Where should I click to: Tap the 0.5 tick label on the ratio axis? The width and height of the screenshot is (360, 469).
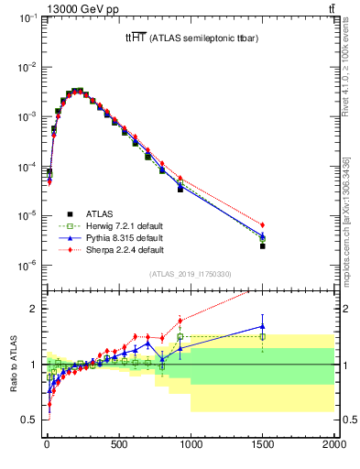tap(30, 420)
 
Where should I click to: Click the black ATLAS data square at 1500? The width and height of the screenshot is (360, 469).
tap(262, 245)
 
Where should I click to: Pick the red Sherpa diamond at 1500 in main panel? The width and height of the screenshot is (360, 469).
tap(262, 224)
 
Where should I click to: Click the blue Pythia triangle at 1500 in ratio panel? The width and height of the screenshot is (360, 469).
tap(262, 325)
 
